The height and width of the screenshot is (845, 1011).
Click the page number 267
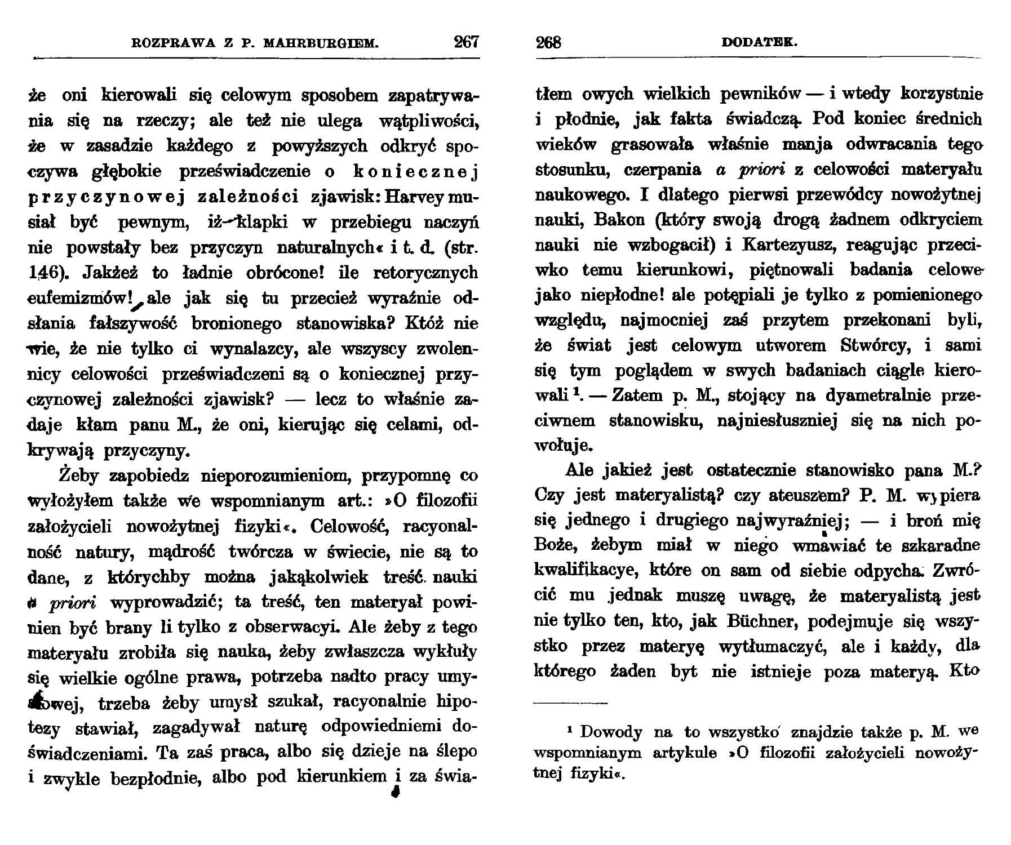[465, 42]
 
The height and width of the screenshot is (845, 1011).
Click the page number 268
[548, 42]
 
